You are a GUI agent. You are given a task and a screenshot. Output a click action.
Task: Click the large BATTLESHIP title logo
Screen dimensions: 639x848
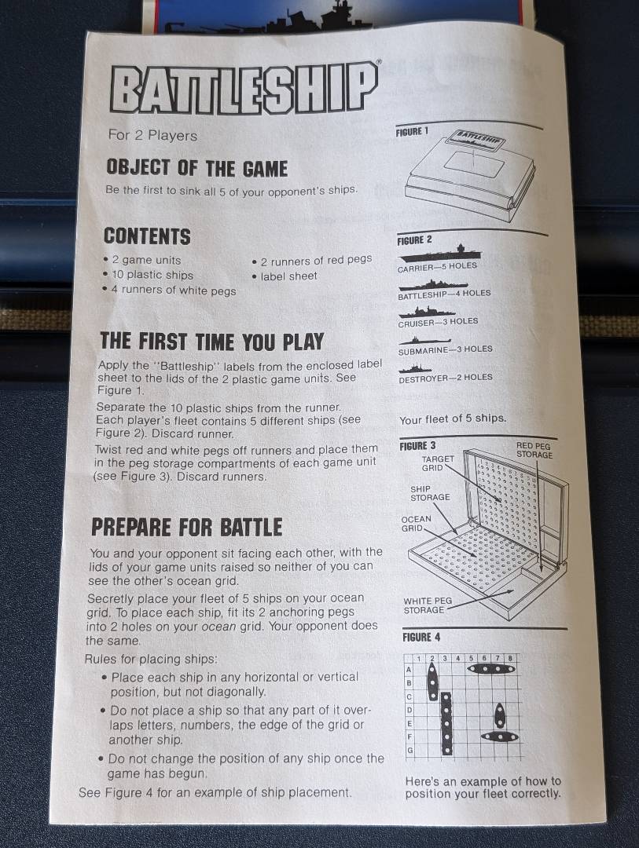[244, 90]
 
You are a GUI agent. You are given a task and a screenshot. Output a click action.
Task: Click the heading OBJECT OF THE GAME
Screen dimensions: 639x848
[196, 168]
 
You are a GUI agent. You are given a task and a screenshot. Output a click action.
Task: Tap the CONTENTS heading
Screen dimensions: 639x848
[147, 236]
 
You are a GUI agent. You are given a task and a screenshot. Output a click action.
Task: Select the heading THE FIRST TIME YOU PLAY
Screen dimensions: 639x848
[211, 342]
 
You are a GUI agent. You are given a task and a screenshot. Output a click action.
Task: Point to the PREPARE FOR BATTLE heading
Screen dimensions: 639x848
[186, 528]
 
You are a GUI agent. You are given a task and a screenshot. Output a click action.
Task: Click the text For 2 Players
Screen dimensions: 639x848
[152, 135]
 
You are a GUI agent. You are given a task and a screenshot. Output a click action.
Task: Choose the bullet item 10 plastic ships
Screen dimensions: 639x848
[148, 275]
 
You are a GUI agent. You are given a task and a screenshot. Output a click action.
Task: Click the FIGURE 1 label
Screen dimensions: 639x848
[412, 131]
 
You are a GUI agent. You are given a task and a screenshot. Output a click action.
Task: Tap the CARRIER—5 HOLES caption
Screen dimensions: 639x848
[437, 267]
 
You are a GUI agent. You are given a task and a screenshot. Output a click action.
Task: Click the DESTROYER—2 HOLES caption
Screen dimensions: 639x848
[446, 378]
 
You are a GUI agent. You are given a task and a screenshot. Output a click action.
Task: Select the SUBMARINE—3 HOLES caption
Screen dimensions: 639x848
[445, 350]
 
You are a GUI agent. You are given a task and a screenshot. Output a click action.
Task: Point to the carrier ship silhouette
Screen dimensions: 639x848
[439, 253]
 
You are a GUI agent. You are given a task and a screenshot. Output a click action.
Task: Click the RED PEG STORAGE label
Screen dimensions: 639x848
[534, 450]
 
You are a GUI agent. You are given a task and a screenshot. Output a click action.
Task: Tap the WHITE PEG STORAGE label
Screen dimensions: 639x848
[428, 605]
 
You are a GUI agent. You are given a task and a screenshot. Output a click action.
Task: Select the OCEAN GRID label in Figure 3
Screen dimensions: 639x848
[416, 524]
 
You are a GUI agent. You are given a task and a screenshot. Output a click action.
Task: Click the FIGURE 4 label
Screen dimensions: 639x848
[421, 637]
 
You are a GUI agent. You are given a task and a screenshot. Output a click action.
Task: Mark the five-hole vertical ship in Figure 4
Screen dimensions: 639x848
[446, 724]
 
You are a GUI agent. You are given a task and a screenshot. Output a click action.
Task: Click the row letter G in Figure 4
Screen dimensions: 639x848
[410, 750]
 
